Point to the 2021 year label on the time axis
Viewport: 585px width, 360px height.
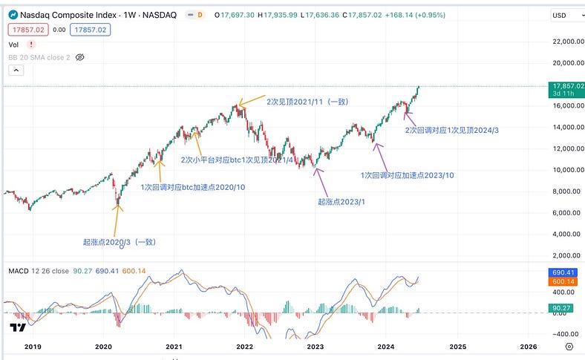coord(174,346)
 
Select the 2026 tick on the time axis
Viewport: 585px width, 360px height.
coord(528,346)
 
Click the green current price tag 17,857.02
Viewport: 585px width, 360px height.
coord(563,86)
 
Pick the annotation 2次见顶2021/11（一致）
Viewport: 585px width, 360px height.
coord(307,102)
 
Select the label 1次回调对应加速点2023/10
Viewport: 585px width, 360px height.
coord(407,175)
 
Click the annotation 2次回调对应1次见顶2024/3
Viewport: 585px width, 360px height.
coord(451,130)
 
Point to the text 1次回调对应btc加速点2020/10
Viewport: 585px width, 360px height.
coord(193,187)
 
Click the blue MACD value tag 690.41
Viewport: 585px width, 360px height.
coord(563,273)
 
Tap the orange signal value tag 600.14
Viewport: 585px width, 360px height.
coord(563,282)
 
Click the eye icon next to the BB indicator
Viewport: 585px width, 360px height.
coord(81,56)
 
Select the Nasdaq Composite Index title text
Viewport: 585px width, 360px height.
coord(73,15)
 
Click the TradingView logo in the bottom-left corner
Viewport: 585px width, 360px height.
coord(16,327)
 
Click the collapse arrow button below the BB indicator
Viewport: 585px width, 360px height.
coord(16,70)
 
